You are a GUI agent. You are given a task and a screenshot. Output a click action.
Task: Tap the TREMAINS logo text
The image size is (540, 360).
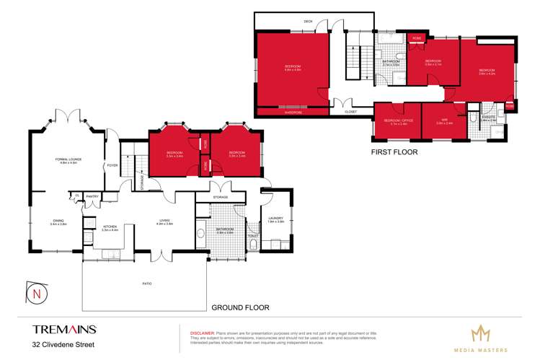(x=64, y=329)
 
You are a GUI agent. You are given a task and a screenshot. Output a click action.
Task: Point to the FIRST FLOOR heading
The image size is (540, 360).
(x=395, y=153)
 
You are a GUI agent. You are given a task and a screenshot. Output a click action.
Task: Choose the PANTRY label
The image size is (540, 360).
(x=92, y=196)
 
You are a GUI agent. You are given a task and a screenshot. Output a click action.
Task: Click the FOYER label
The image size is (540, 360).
(x=112, y=165)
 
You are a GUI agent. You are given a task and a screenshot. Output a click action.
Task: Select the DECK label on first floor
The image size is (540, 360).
(x=308, y=22)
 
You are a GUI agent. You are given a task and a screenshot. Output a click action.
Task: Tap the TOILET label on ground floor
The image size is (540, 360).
(x=252, y=235)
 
